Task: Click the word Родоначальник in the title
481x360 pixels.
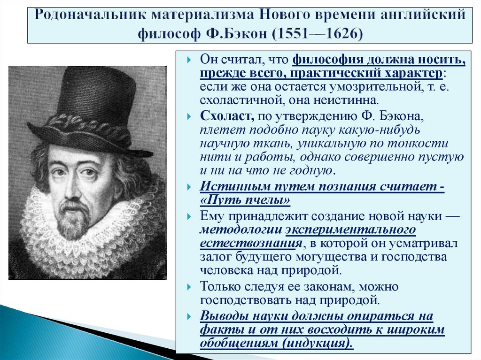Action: click(x=83, y=14)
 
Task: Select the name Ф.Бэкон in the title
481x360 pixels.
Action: click(x=224, y=35)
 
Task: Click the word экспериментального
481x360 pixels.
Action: click(x=351, y=230)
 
